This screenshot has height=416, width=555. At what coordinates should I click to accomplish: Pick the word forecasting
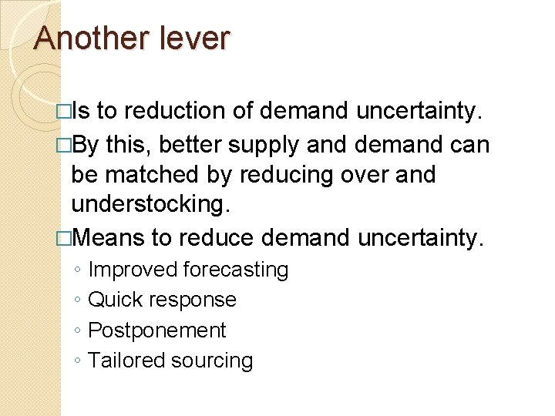pyautogui.click(x=236, y=270)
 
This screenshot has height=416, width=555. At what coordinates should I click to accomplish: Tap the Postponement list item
pyautogui.click(x=157, y=330)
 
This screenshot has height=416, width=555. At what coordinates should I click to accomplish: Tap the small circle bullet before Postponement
pyautogui.click(x=79, y=331)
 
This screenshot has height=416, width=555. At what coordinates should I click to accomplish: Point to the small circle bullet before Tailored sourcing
pyautogui.click(x=79, y=361)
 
